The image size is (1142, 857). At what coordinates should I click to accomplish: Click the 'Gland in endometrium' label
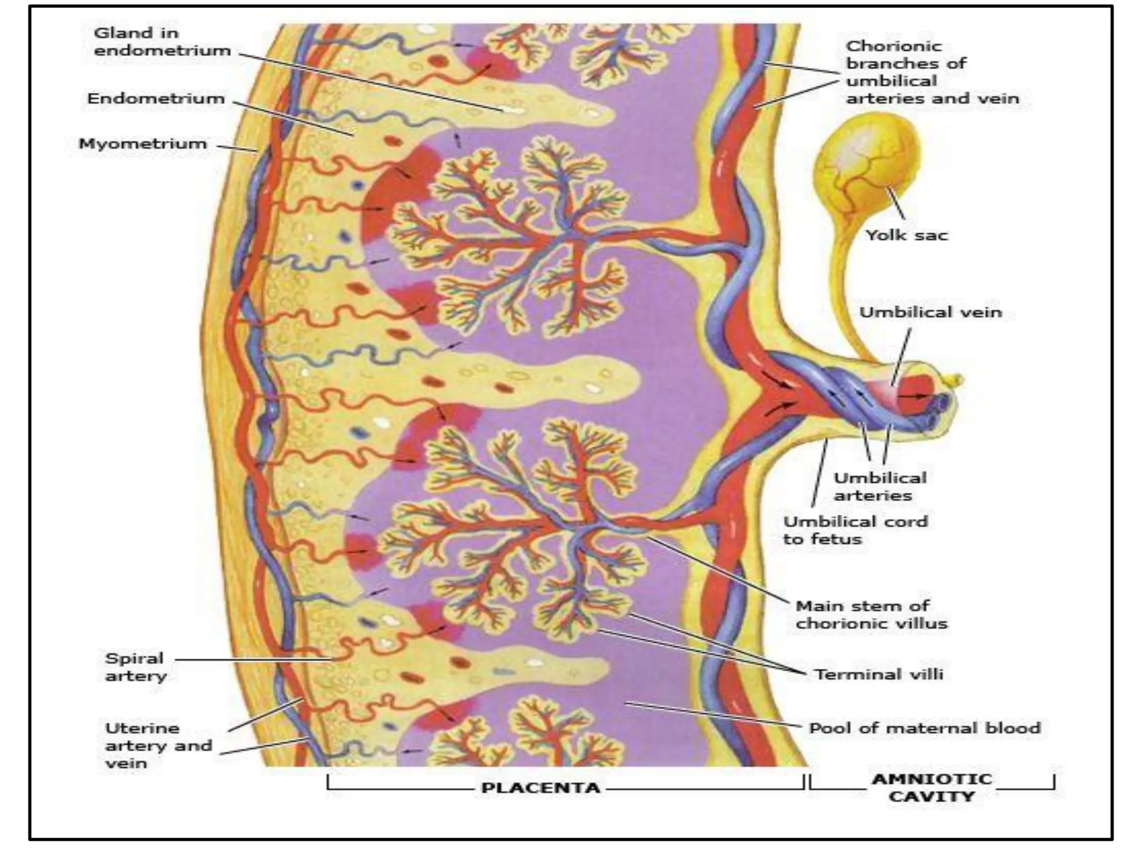pos(162,42)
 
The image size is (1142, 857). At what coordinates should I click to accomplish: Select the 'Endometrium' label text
pos(156,99)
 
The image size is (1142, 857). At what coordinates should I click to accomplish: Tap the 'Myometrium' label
pos(142,144)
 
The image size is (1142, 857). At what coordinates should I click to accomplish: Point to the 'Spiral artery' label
pos(136,667)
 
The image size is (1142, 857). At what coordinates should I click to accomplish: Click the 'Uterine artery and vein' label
pos(158,745)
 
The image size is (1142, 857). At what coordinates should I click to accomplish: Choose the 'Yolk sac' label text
pos(906,235)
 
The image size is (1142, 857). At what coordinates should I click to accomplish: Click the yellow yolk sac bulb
pos(864,162)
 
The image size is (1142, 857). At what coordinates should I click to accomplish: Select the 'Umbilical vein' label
pos(930,312)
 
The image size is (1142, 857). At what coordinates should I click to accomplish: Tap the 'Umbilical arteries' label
pos(879,487)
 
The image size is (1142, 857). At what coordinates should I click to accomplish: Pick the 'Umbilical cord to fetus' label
pos(855,530)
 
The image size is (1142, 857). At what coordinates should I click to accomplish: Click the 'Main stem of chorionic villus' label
pos(871,614)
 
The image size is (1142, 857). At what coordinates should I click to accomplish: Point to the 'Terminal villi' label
pos(879,675)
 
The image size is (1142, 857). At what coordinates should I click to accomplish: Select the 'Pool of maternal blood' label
pos(925,728)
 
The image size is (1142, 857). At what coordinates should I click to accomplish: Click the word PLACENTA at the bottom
pos(540,788)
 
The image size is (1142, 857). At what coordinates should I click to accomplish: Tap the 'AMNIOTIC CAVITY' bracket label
pos(932,787)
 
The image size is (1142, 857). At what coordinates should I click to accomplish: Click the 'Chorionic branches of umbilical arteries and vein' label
pos(931,72)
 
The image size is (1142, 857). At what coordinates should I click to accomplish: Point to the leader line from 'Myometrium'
pos(237,148)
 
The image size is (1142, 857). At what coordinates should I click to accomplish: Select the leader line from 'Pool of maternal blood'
pos(714,714)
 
